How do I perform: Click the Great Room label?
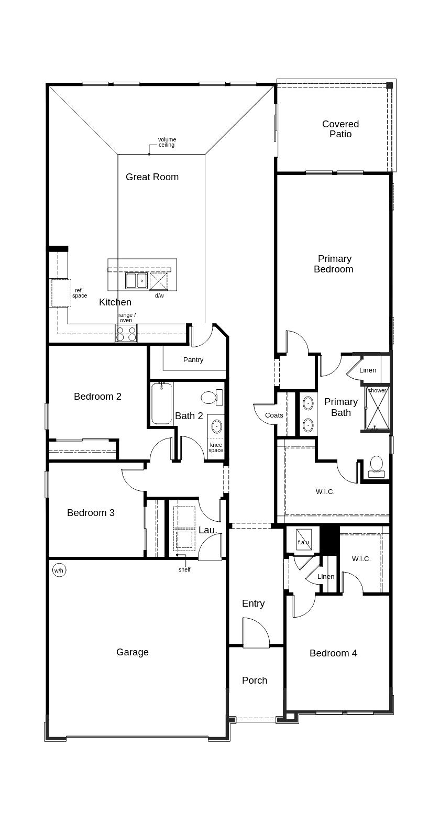click(152, 177)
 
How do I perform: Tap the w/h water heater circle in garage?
click(59, 570)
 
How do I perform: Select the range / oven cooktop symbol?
click(126, 334)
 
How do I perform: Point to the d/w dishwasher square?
click(159, 281)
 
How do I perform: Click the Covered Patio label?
click(340, 129)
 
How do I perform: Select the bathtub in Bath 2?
click(161, 404)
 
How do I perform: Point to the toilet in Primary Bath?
click(376, 467)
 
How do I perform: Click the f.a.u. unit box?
click(303, 541)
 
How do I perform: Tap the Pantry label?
click(193, 360)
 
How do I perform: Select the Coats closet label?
click(274, 415)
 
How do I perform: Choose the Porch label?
click(255, 681)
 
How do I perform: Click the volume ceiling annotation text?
click(167, 142)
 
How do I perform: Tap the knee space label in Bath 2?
click(216, 447)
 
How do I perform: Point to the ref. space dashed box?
click(61, 293)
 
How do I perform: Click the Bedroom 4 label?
click(333, 653)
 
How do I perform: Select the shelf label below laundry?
click(184, 569)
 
